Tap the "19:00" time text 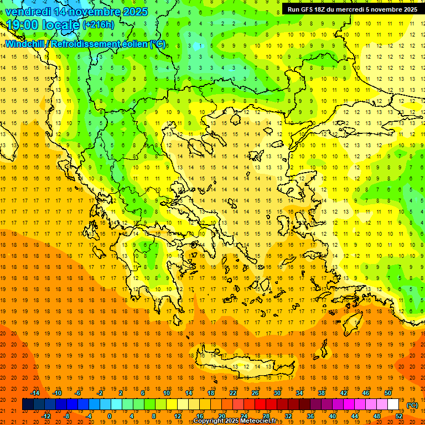[x=22, y=25]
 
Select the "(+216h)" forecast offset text [x=99, y=25]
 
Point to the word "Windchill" [x=27, y=44]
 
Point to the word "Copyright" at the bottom [x=209, y=421]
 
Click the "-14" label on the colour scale [x=35, y=393]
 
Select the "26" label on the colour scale [x=255, y=393]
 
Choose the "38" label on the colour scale [x=321, y=393]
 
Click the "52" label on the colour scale [x=400, y=416]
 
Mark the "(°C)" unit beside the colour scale [x=412, y=405]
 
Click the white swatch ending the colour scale [x=393, y=405]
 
